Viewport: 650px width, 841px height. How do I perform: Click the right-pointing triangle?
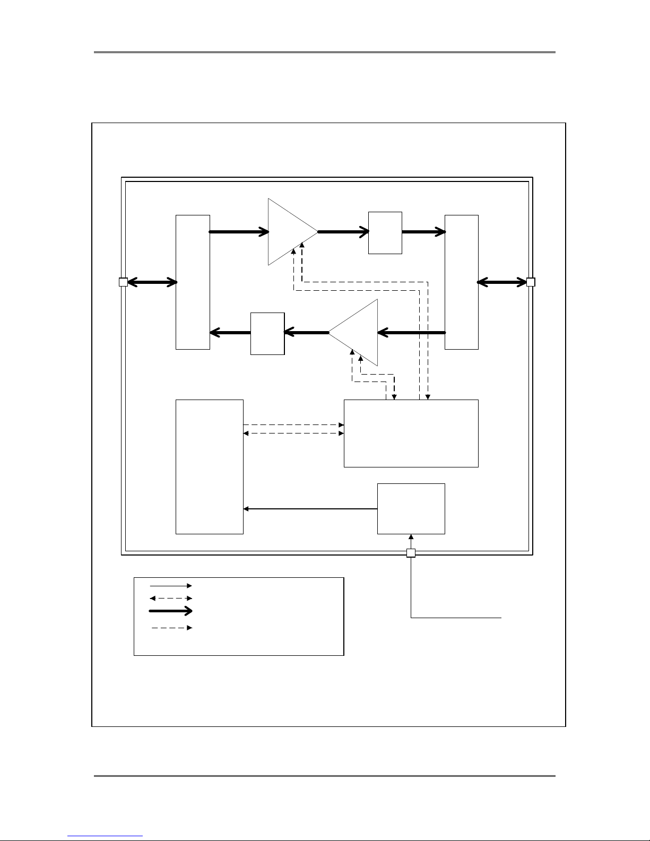(x=289, y=232)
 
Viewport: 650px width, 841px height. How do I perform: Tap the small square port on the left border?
(x=123, y=282)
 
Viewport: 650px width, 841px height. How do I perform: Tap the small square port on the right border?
(x=531, y=282)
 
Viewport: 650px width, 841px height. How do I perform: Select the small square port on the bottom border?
(x=411, y=553)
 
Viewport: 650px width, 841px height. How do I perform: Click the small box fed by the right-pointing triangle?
(x=385, y=232)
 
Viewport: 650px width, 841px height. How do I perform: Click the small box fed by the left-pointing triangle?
(x=267, y=333)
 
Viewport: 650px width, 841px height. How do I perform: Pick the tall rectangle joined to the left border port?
(x=193, y=282)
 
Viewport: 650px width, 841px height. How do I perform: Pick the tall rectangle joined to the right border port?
(x=462, y=282)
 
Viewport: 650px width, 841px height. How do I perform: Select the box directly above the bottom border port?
(x=411, y=508)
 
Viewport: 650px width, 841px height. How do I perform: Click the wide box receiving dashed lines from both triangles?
(x=411, y=433)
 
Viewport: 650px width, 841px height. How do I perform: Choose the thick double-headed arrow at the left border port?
(x=152, y=283)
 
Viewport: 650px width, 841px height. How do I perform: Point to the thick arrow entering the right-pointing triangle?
(x=239, y=232)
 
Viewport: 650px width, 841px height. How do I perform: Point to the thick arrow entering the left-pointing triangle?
(x=412, y=333)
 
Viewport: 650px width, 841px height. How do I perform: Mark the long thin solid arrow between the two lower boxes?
(x=310, y=509)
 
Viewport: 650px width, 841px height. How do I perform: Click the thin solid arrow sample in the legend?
(x=171, y=586)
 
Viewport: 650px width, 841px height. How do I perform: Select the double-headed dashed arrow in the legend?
(x=171, y=598)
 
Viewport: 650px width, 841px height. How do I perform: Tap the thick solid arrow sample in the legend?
(x=171, y=611)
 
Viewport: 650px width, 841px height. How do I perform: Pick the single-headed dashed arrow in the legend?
(x=171, y=628)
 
